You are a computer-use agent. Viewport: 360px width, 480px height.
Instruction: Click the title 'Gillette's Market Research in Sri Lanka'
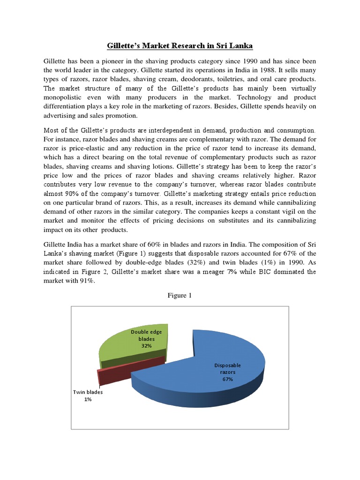pos(180,46)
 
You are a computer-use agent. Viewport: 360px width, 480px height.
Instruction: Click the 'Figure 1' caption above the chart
pos(180,296)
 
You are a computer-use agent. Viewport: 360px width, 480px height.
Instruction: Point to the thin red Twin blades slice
pos(131,368)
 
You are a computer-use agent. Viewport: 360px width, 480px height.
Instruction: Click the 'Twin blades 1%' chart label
pos(88,396)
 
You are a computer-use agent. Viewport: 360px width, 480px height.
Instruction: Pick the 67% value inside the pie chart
pos(228,380)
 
